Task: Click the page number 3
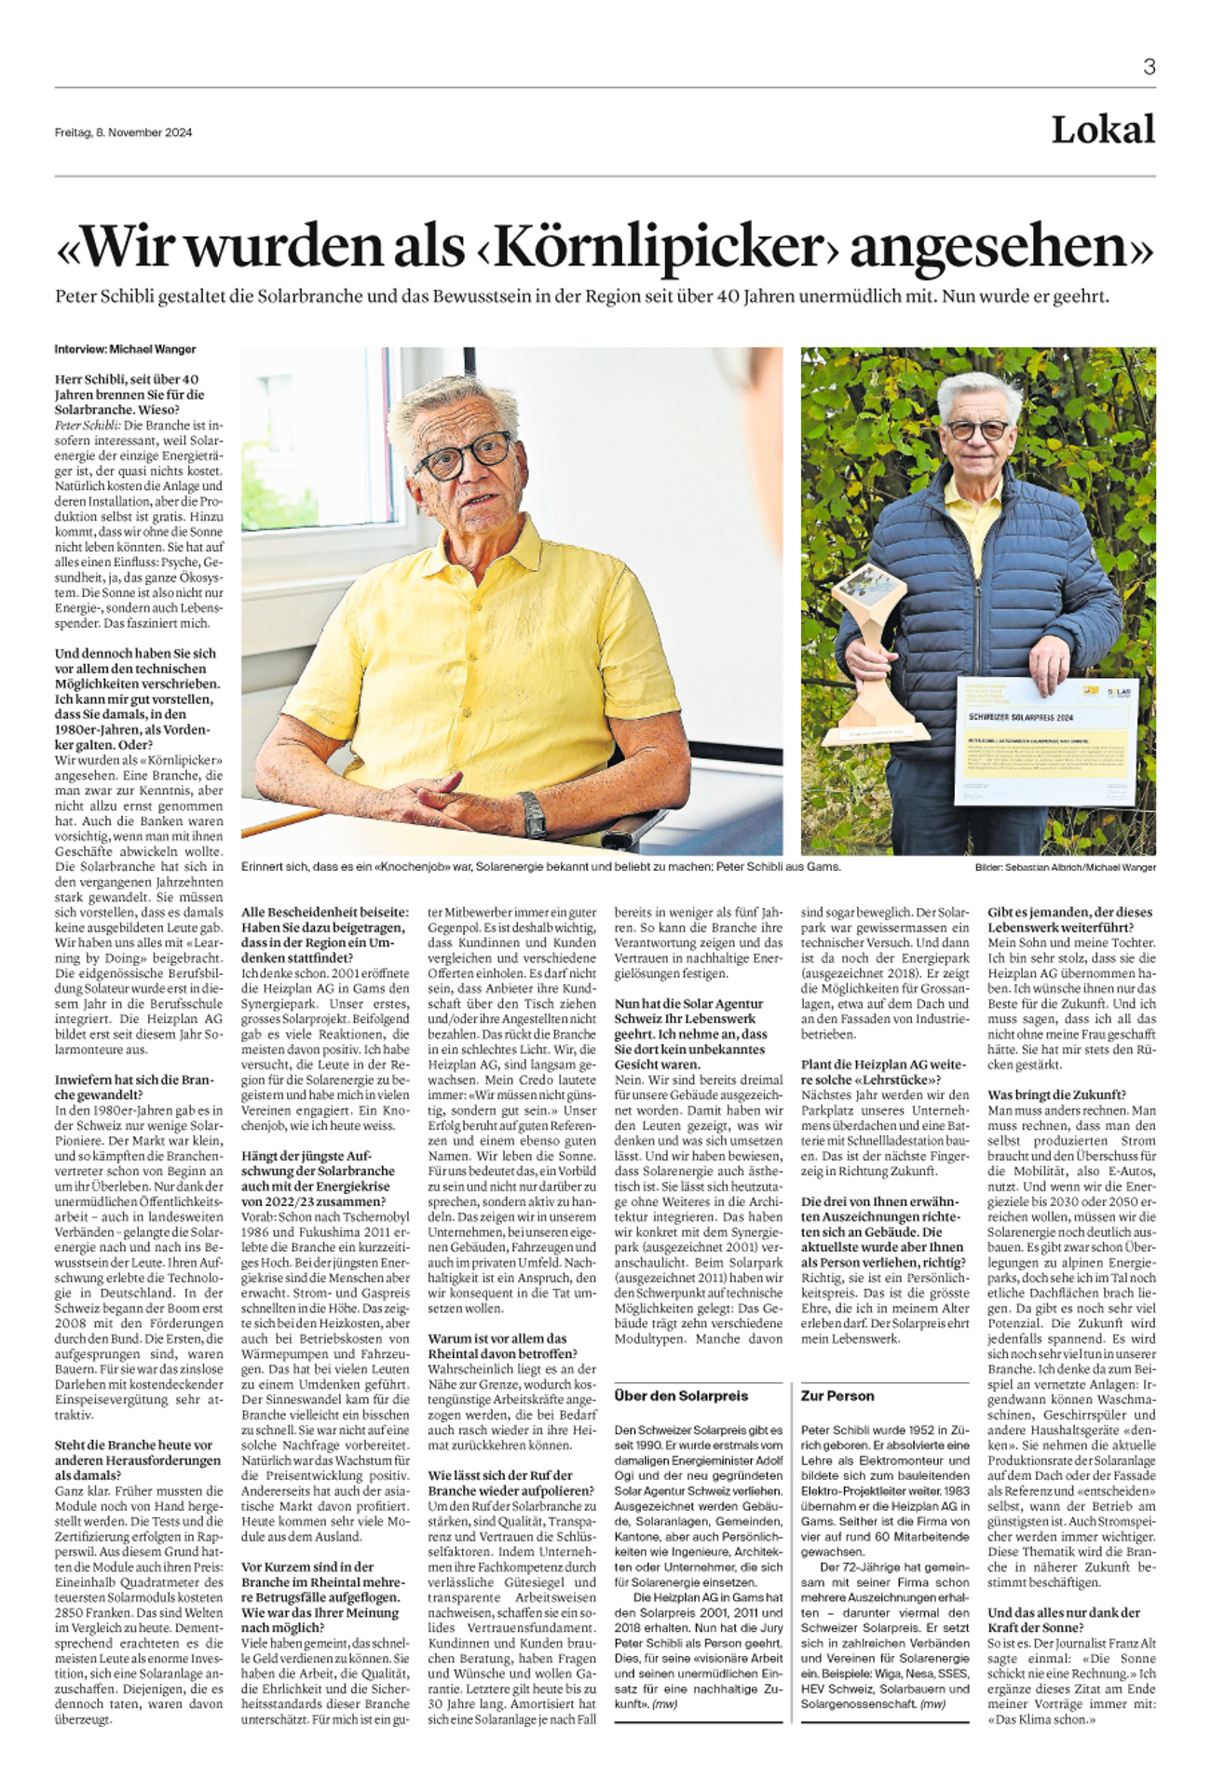pyautogui.click(x=1149, y=67)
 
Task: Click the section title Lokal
pyautogui.click(x=1103, y=130)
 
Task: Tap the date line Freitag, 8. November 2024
pyautogui.click(x=123, y=132)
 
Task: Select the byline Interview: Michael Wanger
pyautogui.click(x=125, y=349)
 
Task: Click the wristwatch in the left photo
pyautogui.click(x=532, y=813)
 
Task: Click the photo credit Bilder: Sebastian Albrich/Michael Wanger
pyautogui.click(x=1065, y=867)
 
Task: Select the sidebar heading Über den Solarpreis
pyautogui.click(x=681, y=1395)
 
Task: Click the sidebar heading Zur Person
pyautogui.click(x=837, y=1395)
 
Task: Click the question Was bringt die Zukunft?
pyautogui.click(x=1056, y=1094)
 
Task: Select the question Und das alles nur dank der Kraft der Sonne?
pyautogui.click(x=1064, y=1620)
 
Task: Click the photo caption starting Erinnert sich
pyautogui.click(x=540, y=866)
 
